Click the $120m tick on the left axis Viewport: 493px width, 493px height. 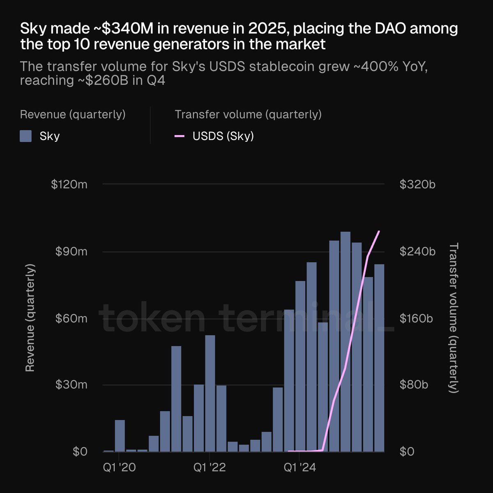click(69, 184)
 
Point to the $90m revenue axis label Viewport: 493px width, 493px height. click(71, 251)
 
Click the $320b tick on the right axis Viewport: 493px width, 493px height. click(417, 184)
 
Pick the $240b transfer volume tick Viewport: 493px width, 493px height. click(417, 251)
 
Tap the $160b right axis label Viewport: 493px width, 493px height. click(416, 318)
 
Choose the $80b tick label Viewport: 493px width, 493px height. click(414, 385)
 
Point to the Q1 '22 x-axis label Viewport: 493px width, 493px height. click(210, 468)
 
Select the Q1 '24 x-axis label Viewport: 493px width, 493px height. click(300, 468)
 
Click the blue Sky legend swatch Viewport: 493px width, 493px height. click(26, 136)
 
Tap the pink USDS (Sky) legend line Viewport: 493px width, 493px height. click(180, 136)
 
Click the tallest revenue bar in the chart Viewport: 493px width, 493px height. click(346, 341)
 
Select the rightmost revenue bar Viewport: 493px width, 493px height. click(379, 357)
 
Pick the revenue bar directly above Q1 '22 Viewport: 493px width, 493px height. click(210, 393)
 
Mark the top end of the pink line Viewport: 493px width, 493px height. click(379, 232)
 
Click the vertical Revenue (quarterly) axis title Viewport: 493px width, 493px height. click(30, 318)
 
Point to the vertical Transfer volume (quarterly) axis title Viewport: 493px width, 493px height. click(454, 318)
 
